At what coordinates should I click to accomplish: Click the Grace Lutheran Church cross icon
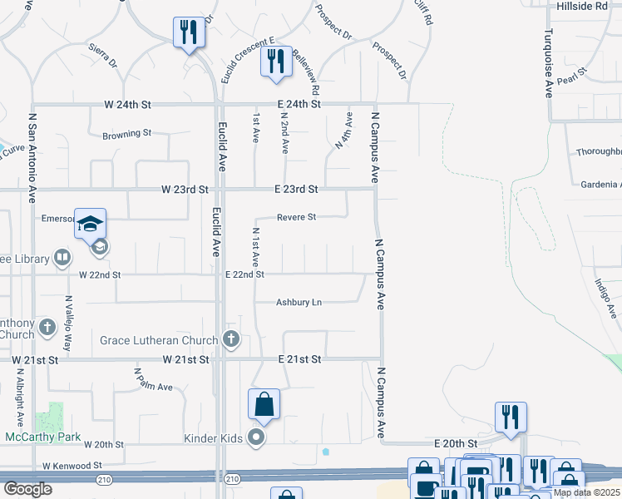coord(231,339)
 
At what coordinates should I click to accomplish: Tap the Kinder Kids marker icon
coord(258,437)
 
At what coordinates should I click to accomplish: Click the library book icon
coord(62,259)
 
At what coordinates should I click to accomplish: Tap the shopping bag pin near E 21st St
coord(264,405)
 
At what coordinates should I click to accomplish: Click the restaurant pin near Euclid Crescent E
coord(277,62)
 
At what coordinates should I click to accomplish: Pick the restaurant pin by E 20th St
coord(511,417)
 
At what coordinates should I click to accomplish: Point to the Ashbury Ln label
coord(299,303)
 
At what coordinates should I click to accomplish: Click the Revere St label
coord(296,217)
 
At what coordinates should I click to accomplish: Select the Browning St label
coord(126,133)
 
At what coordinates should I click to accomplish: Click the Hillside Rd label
coord(583,6)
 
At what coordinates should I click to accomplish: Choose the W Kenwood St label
coord(72,466)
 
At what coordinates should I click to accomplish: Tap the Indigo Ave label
coord(605,298)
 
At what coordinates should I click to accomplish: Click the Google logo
coord(27,488)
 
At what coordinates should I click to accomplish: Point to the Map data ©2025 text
coord(585,492)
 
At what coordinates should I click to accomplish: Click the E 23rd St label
coord(296,190)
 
